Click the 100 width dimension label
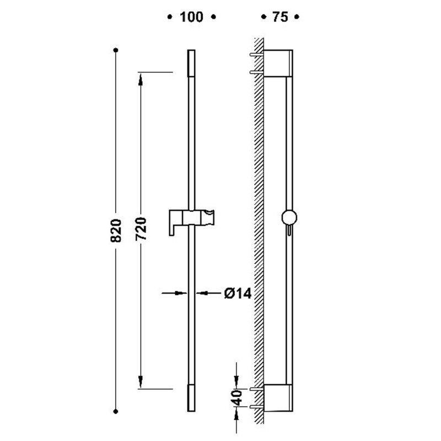(x=191, y=17)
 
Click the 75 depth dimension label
(x=280, y=17)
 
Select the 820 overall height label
(x=116, y=230)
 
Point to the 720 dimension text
(x=141, y=229)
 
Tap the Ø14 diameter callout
(x=238, y=294)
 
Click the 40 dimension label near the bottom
(x=238, y=397)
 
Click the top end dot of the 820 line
(x=116, y=50)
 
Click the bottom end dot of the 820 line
(x=116, y=411)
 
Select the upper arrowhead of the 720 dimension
(x=141, y=79)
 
